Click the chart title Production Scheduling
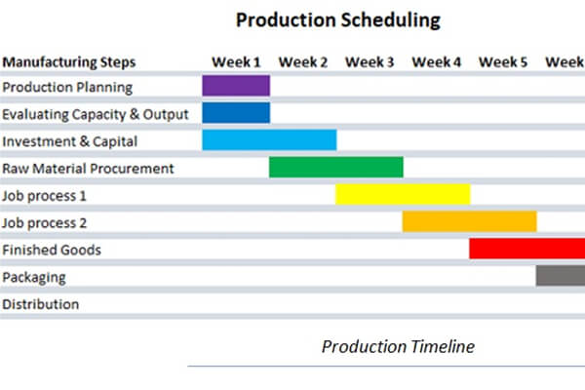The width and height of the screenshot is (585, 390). pyautogui.click(x=337, y=19)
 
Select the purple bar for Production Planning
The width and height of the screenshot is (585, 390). pyautogui.click(x=236, y=86)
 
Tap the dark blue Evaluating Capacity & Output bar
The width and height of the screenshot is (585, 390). pyautogui.click(x=236, y=113)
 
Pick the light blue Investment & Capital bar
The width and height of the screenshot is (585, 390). pyautogui.click(x=269, y=140)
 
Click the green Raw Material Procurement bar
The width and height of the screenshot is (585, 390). pyautogui.click(x=336, y=168)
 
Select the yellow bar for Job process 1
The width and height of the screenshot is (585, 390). pyautogui.click(x=403, y=195)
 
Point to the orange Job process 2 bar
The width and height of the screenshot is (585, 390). pyautogui.click(x=470, y=222)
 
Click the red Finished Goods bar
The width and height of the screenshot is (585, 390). pyautogui.click(x=526, y=250)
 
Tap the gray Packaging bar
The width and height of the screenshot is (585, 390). pyautogui.click(x=560, y=276)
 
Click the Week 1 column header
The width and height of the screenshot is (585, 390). pyautogui.click(x=235, y=62)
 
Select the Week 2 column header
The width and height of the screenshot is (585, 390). pyautogui.click(x=302, y=62)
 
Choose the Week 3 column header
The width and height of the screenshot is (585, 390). pyautogui.click(x=370, y=62)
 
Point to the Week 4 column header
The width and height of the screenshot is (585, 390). pyautogui.click(x=436, y=62)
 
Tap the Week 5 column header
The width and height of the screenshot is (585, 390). pyautogui.click(x=503, y=62)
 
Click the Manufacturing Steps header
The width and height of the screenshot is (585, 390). pyautogui.click(x=69, y=62)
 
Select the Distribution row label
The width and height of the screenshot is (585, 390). pyautogui.click(x=40, y=304)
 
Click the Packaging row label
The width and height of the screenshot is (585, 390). pyautogui.click(x=34, y=277)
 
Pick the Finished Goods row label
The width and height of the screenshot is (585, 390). pyautogui.click(x=51, y=250)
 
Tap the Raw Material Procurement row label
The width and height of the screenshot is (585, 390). pyautogui.click(x=88, y=168)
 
